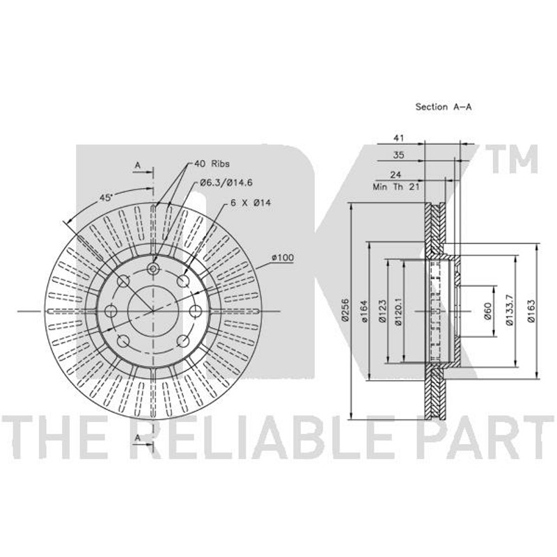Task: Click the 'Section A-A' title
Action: (444, 107)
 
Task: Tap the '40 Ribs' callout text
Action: (212, 164)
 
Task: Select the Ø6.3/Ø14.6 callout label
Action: (226, 183)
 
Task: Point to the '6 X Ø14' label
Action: (251, 203)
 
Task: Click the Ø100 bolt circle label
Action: (283, 258)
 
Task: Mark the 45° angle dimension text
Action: (106, 198)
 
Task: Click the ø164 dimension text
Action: (363, 311)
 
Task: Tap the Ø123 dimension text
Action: (382, 311)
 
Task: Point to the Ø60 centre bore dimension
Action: (487, 311)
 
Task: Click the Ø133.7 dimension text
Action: (510, 310)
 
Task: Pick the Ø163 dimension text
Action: (531, 311)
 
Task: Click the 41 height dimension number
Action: (398, 138)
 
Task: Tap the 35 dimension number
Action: (398, 155)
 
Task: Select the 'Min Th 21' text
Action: (395, 187)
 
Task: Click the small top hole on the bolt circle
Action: (153, 269)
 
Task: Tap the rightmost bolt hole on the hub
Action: (195, 311)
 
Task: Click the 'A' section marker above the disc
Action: (138, 166)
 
